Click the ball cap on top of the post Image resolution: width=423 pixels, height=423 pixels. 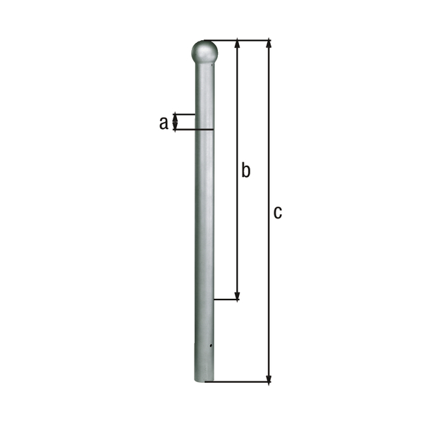click(x=204, y=51)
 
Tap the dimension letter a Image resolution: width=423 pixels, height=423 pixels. click(x=164, y=123)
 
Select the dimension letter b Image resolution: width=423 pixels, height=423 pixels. click(x=245, y=170)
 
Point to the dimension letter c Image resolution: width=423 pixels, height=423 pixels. click(x=278, y=211)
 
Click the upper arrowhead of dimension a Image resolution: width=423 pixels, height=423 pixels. click(x=176, y=117)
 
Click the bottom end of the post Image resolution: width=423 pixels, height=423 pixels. click(x=204, y=380)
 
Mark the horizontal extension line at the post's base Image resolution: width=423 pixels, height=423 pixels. click(x=240, y=382)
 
